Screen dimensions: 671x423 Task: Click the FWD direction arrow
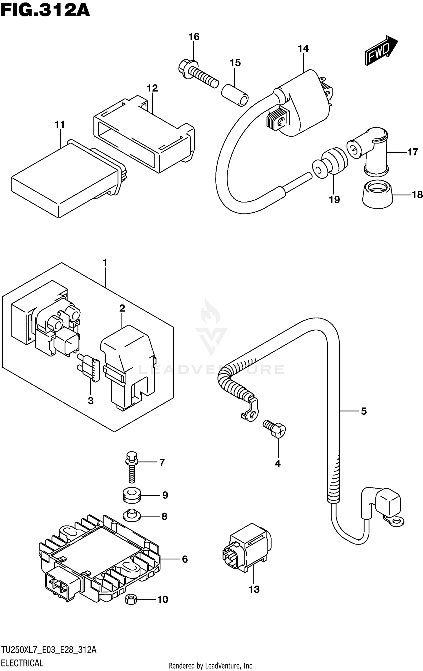coord(381,51)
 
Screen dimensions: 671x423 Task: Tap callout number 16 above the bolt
coord(194,37)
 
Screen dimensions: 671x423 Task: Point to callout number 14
coord(303,49)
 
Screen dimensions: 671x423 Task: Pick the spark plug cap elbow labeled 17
coord(370,150)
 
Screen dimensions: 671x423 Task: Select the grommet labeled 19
coord(330,165)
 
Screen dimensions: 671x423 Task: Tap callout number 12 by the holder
coord(152,88)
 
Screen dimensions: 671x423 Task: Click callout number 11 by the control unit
coord(60,124)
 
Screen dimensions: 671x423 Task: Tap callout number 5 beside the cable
coord(364,411)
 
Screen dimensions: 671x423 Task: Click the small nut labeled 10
coord(131,599)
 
